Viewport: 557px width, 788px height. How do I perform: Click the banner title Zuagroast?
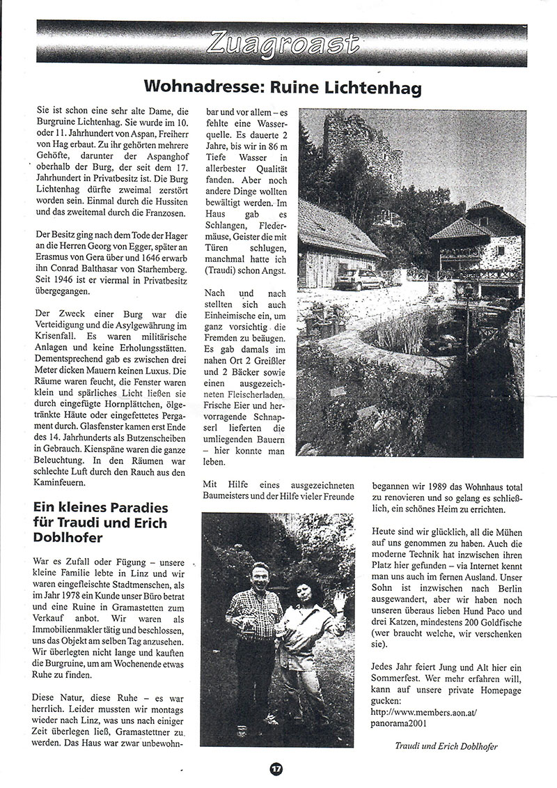click(x=282, y=45)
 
